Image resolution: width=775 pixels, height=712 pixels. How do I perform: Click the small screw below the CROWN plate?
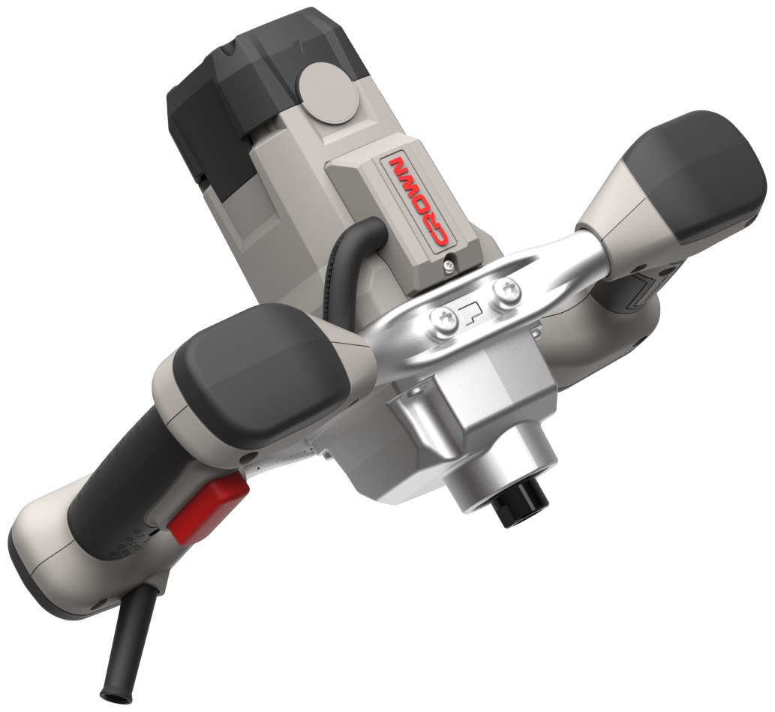pyautogui.click(x=449, y=265)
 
